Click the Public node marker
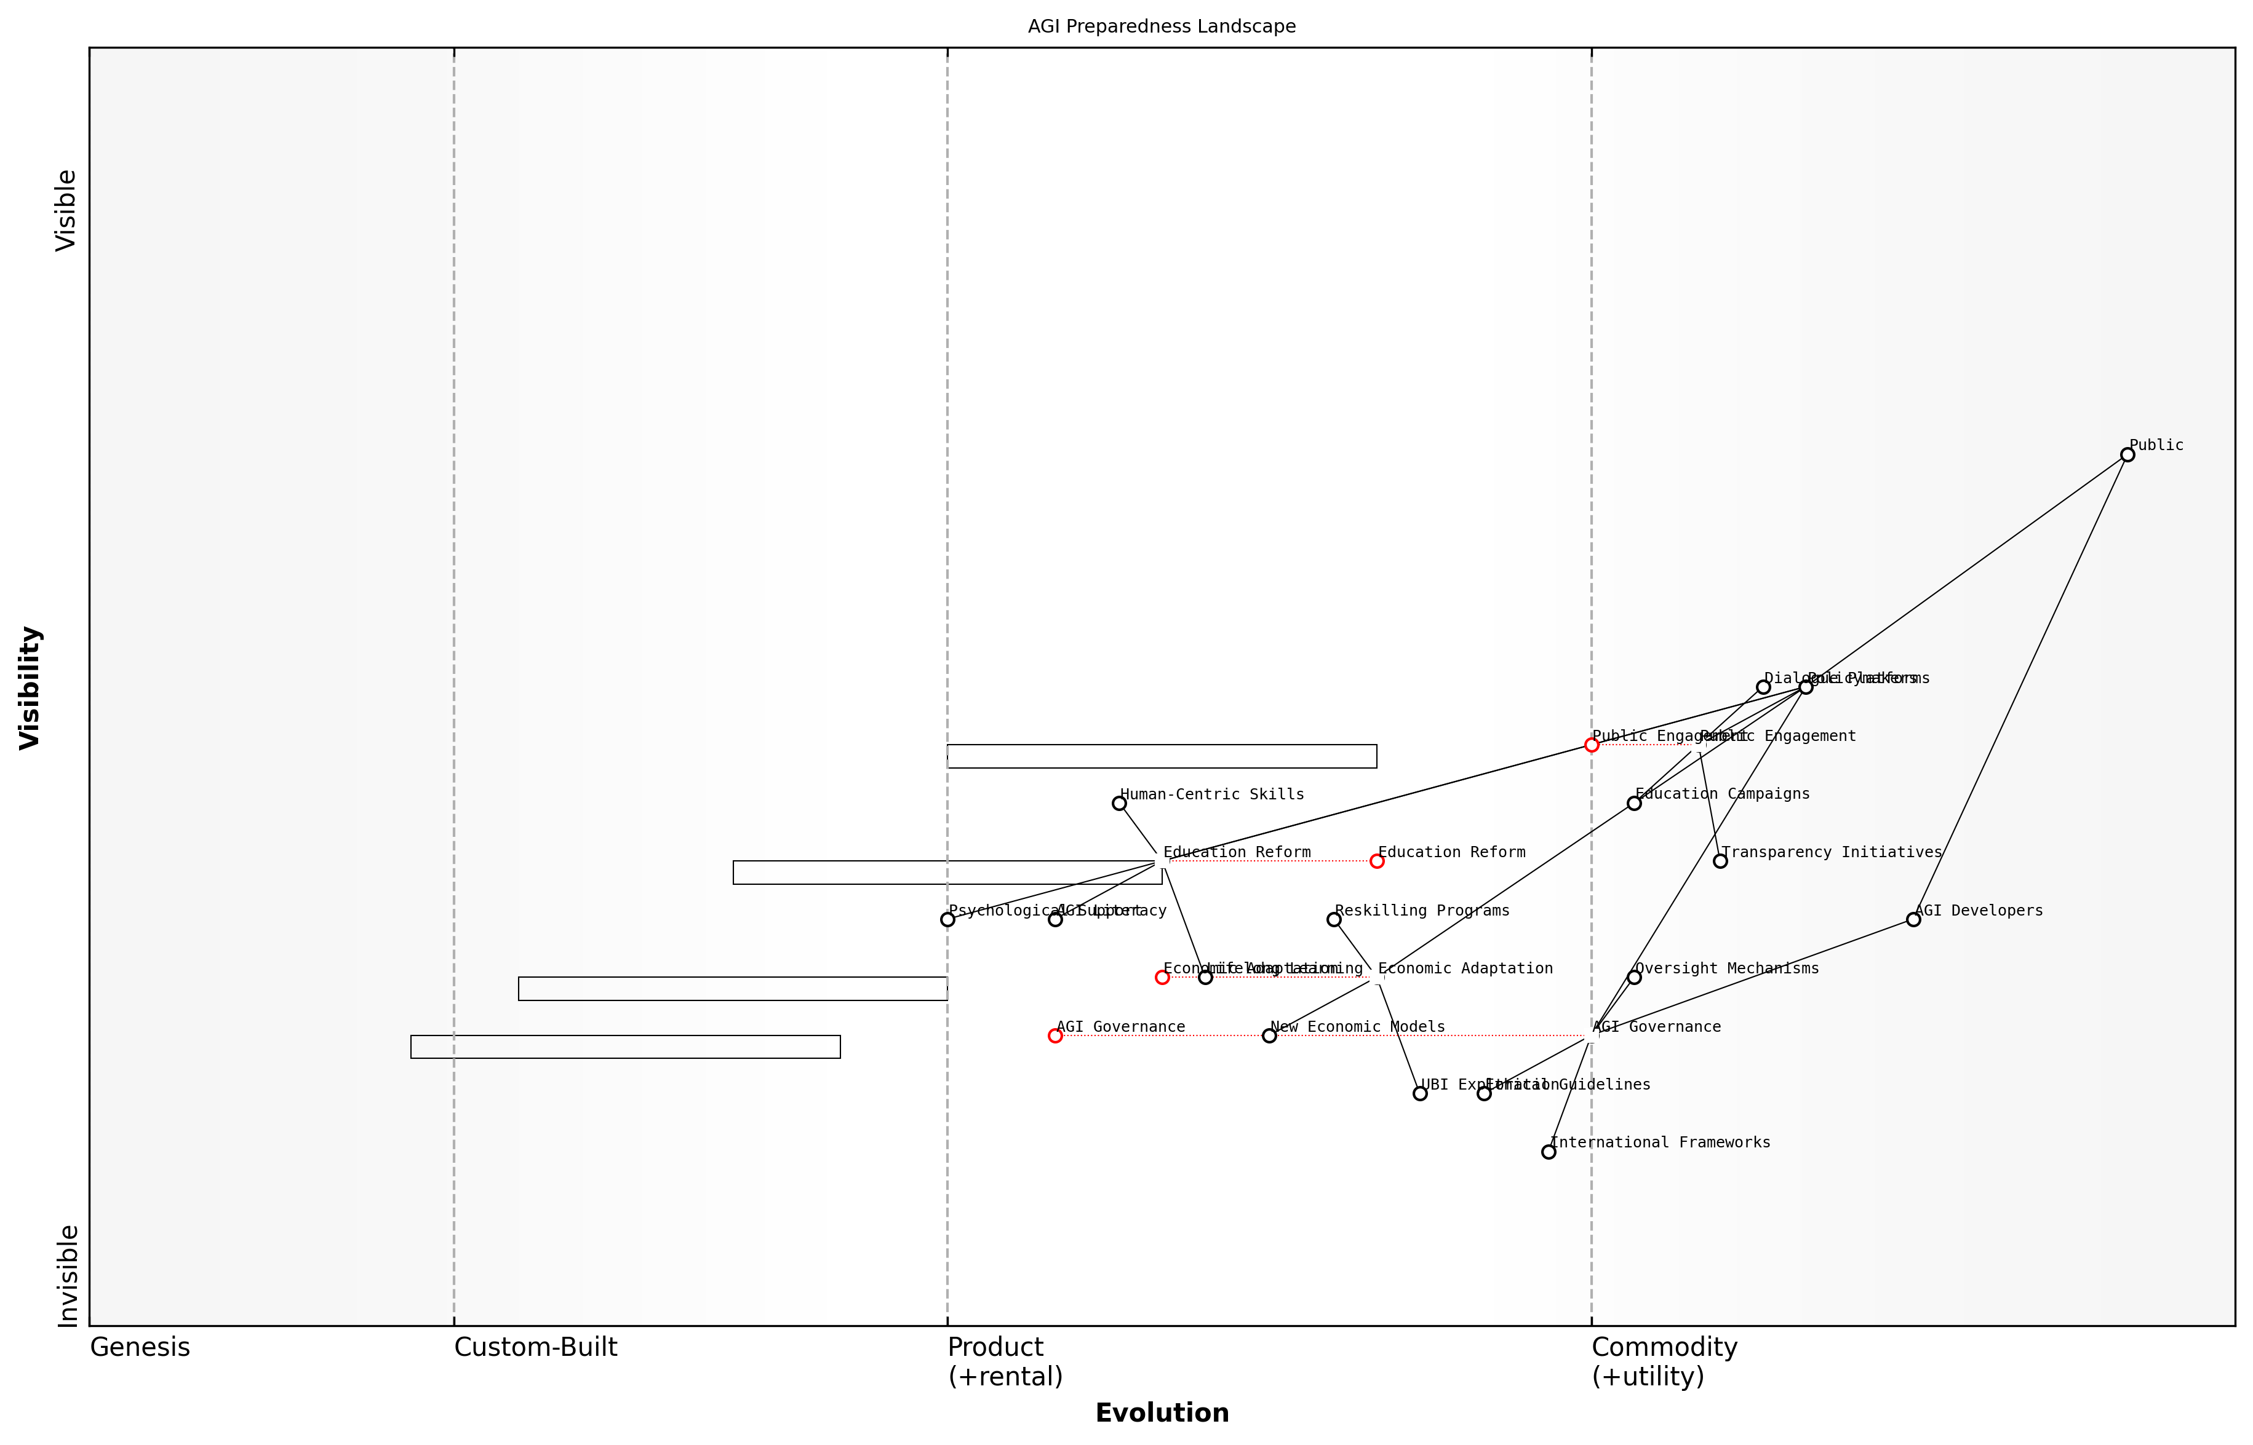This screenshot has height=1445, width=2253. [x=2127, y=455]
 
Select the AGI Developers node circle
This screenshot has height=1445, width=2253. [x=1913, y=919]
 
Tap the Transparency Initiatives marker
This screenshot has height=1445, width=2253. [x=1720, y=861]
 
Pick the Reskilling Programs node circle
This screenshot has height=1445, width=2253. [x=1334, y=919]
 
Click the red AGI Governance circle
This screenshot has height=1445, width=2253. [x=1055, y=1036]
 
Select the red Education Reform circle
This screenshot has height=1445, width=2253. [x=1377, y=861]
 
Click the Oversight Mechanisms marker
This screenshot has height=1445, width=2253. [x=1634, y=978]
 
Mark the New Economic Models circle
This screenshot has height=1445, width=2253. [x=1269, y=1036]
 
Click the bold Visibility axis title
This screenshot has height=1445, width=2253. [x=30, y=688]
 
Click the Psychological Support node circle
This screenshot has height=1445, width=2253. [x=947, y=919]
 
